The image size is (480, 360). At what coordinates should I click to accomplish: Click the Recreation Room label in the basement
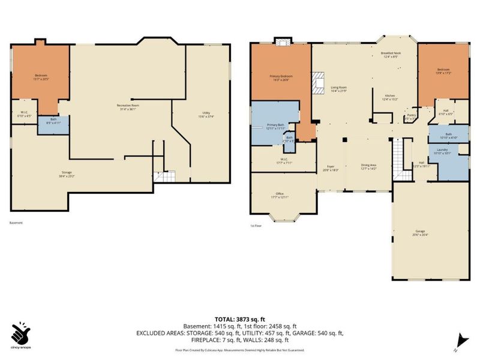point(127,107)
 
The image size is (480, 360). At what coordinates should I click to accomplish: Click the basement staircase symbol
point(160,176)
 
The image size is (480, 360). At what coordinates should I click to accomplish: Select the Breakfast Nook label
point(390,55)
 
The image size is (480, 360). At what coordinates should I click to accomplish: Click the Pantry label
point(412,116)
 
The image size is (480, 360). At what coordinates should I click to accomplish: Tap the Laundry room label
point(442,151)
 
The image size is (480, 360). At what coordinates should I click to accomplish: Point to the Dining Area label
point(368,167)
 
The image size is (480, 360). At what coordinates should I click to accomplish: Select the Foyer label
point(330,168)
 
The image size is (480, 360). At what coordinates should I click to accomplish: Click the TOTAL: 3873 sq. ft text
point(240,318)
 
